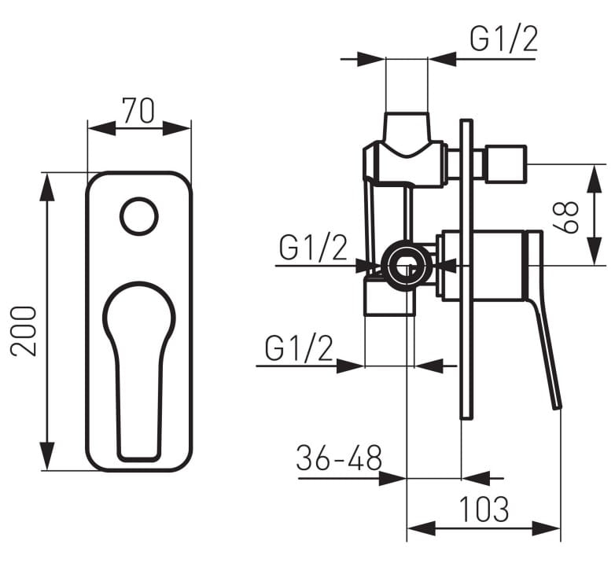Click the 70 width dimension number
tap(138, 110)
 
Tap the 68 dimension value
tap(565, 217)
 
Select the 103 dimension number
tap(484, 509)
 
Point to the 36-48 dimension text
tap(339, 458)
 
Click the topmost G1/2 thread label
tap(503, 39)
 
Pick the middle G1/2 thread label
tap(313, 248)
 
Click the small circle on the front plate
tap(139, 216)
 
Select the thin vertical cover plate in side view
tap(466, 269)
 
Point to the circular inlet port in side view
tap(406, 266)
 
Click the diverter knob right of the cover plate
tap(506, 164)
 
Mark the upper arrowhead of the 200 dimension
tap(47, 187)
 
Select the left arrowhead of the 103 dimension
tap(422, 528)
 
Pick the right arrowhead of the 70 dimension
tap(176, 128)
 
